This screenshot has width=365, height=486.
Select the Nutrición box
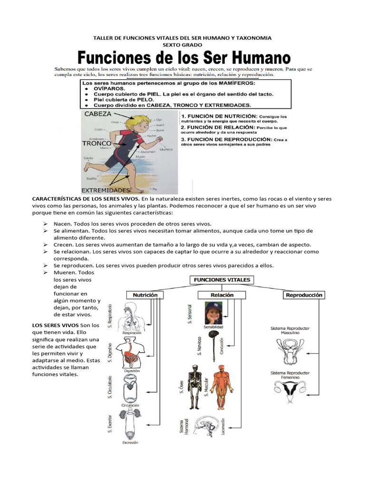(x=144, y=295)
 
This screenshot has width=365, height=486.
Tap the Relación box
(x=222, y=295)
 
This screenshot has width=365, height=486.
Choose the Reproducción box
(x=304, y=295)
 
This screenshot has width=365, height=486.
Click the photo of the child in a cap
(x=213, y=313)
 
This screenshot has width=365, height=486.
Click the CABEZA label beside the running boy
(x=98, y=114)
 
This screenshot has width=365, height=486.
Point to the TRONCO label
(x=96, y=143)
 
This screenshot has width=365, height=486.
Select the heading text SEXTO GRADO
(x=182, y=45)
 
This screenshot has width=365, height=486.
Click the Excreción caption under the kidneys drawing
(x=130, y=442)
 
